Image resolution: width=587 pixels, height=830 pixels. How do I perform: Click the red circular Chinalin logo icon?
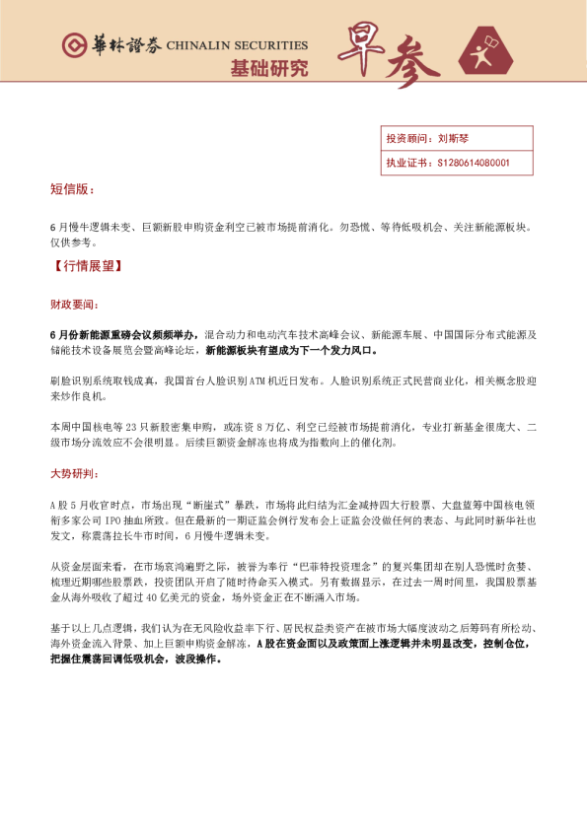click(72, 45)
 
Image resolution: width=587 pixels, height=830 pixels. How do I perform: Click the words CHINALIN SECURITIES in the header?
click(237, 45)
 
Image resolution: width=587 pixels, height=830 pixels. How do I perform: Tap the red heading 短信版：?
click(74, 189)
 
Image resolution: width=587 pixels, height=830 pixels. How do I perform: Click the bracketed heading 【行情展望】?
click(87, 267)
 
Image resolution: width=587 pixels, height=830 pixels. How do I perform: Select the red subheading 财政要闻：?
click(74, 305)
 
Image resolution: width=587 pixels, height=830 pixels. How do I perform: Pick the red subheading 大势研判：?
click(74, 474)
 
